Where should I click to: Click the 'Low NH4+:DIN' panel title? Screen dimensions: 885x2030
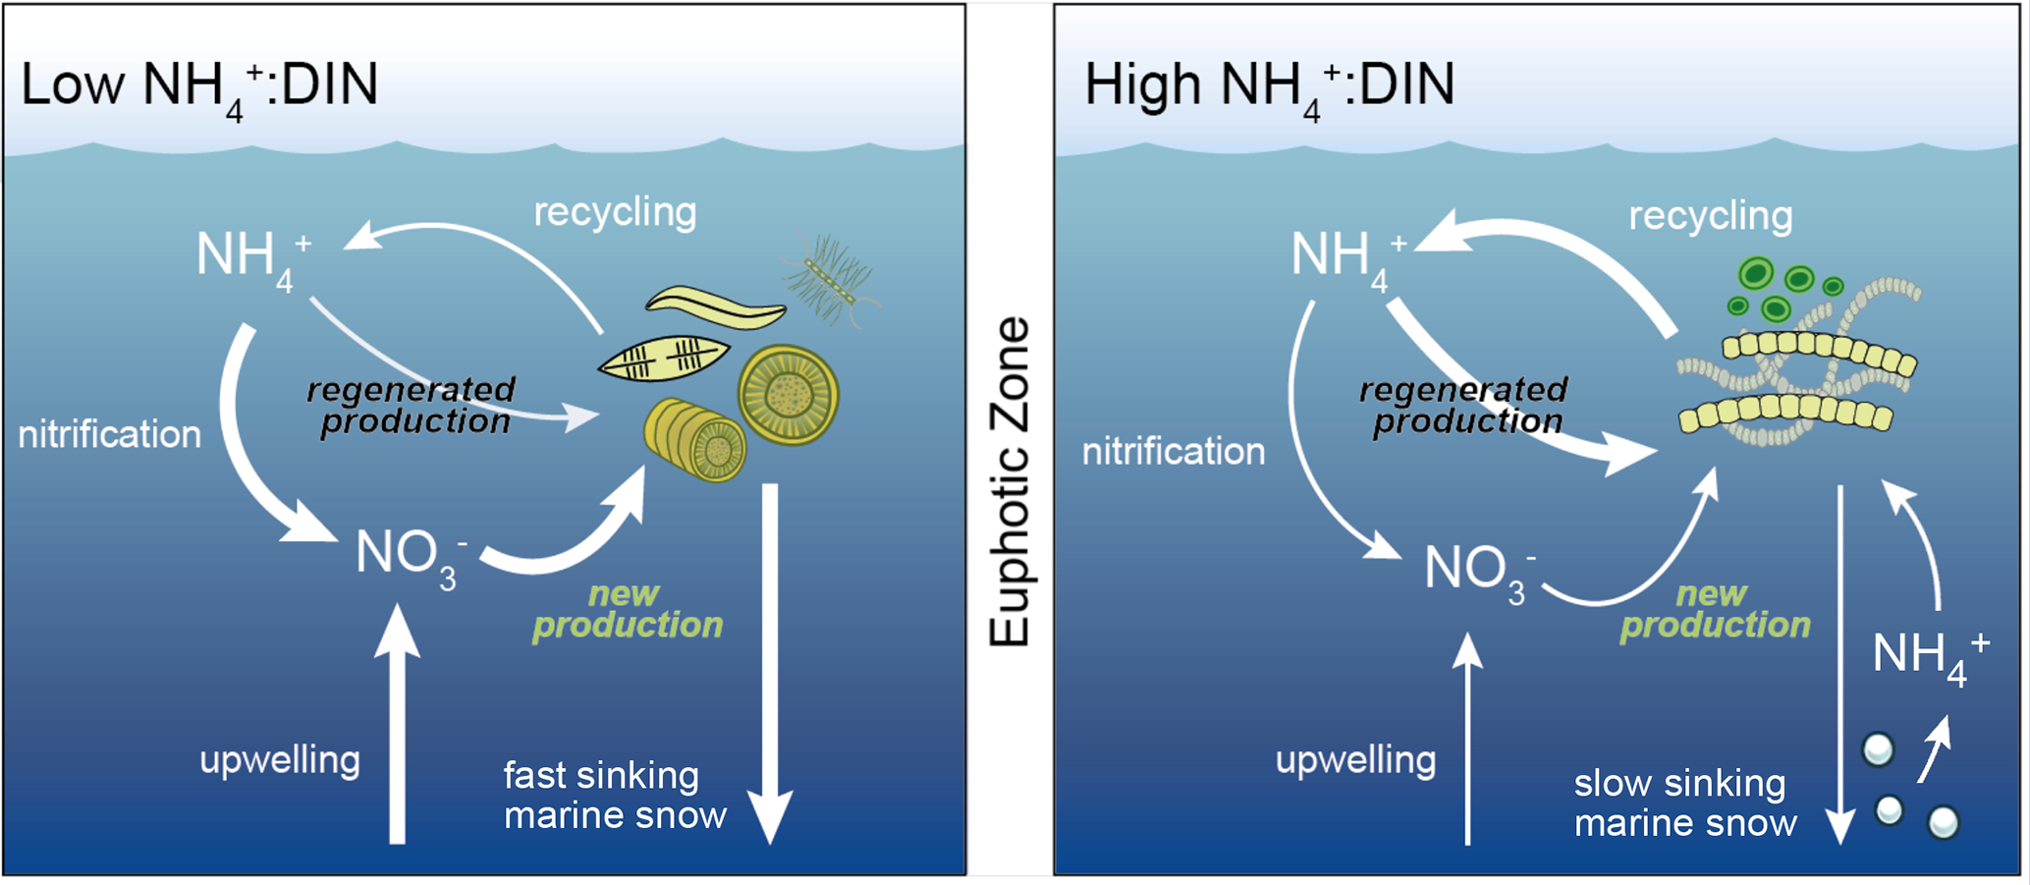(x=199, y=86)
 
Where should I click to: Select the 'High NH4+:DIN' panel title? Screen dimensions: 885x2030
(x=1269, y=86)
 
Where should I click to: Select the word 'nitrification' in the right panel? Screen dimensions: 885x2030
(x=1174, y=452)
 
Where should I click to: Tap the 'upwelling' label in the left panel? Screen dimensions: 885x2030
(x=280, y=760)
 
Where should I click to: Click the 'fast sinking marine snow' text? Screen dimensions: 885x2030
(x=615, y=796)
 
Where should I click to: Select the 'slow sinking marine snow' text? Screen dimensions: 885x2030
(x=1685, y=803)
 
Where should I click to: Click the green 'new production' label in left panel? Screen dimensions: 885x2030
(x=628, y=610)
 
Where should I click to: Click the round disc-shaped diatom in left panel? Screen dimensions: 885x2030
(x=789, y=395)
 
